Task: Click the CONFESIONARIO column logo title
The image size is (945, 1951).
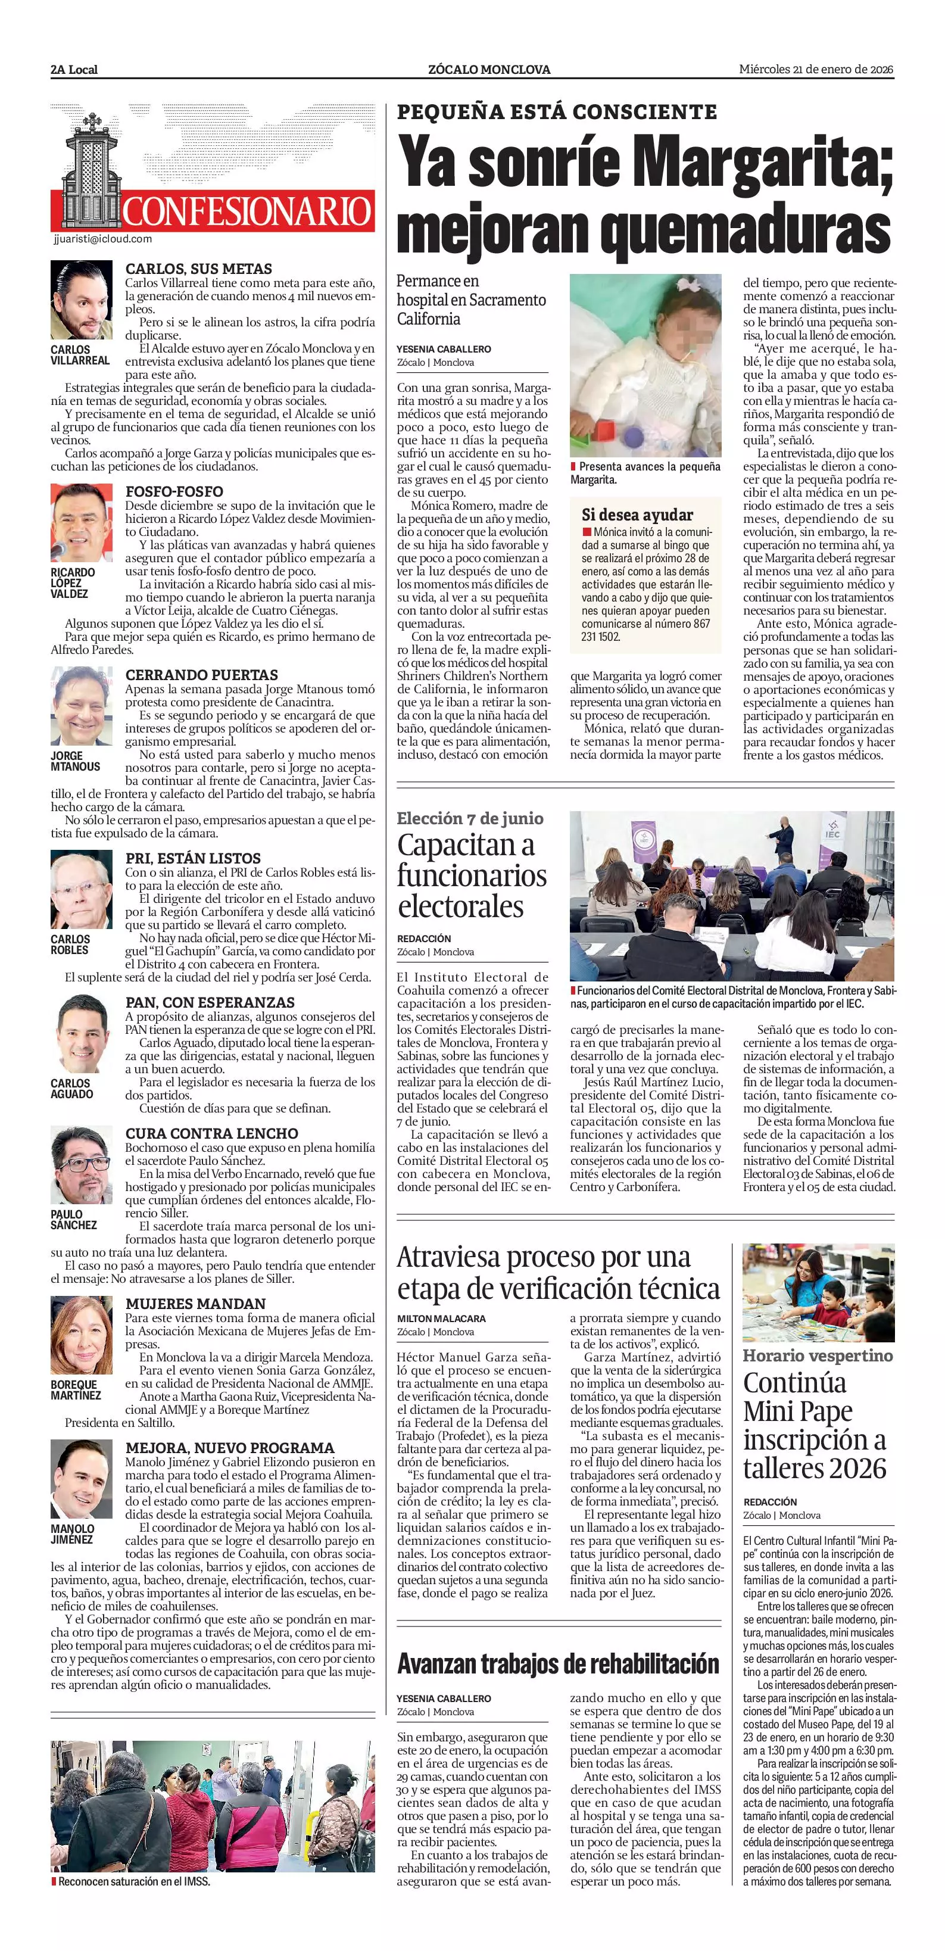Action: click(247, 211)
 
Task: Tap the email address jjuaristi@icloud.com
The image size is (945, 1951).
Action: click(103, 239)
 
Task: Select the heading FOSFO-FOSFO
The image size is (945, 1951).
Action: click(174, 491)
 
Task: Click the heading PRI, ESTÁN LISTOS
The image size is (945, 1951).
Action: click(192, 858)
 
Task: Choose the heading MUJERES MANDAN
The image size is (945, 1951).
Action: click(195, 1304)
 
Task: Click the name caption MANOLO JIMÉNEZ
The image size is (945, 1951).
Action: click(73, 1534)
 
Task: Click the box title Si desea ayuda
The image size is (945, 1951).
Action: click(637, 515)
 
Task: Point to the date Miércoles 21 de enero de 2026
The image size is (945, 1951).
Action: click(816, 70)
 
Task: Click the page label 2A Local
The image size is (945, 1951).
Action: click(74, 70)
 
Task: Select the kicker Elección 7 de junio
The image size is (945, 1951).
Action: click(469, 819)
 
